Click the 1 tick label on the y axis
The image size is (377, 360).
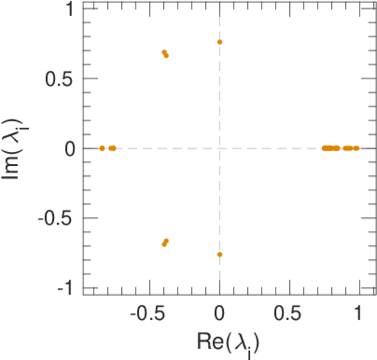tap(68, 10)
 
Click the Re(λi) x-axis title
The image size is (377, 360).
tap(228, 343)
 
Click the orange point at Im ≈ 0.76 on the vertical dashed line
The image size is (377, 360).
tap(220, 42)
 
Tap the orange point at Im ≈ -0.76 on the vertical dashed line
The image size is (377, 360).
tap(220, 254)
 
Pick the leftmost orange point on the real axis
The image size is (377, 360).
tap(102, 148)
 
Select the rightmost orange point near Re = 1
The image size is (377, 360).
tap(357, 148)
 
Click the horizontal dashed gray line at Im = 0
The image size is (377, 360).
tap(270, 148)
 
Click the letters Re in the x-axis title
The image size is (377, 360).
tap(209, 341)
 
